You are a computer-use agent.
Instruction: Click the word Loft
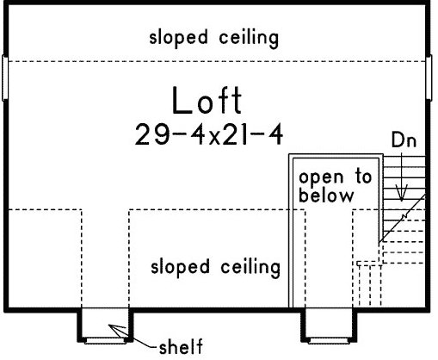coord(207,101)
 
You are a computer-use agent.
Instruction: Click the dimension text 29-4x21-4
coord(209,134)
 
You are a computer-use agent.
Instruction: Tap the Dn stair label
coord(404,140)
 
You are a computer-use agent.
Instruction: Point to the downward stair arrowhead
coord(402,195)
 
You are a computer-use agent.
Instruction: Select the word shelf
coord(181,346)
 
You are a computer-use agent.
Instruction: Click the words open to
coord(336,177)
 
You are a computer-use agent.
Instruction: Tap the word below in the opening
coord(326,196)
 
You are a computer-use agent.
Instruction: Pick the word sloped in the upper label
coord(178,38)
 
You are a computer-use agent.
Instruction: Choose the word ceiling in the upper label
coord(249,38)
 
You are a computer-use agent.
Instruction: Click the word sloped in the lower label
coord(180,267)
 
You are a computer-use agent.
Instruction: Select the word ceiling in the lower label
coord(250,268)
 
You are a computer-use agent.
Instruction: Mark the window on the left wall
coord(5,78)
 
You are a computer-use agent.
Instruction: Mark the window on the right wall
coord(429,78)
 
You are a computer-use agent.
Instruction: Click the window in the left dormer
coord(105,341)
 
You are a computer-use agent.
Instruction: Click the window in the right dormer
coord(329,341)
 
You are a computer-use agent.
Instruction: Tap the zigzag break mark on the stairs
coord(405,216)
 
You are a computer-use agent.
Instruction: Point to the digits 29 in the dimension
coord(152,134)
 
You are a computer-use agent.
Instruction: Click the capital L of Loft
coord(182,101)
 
